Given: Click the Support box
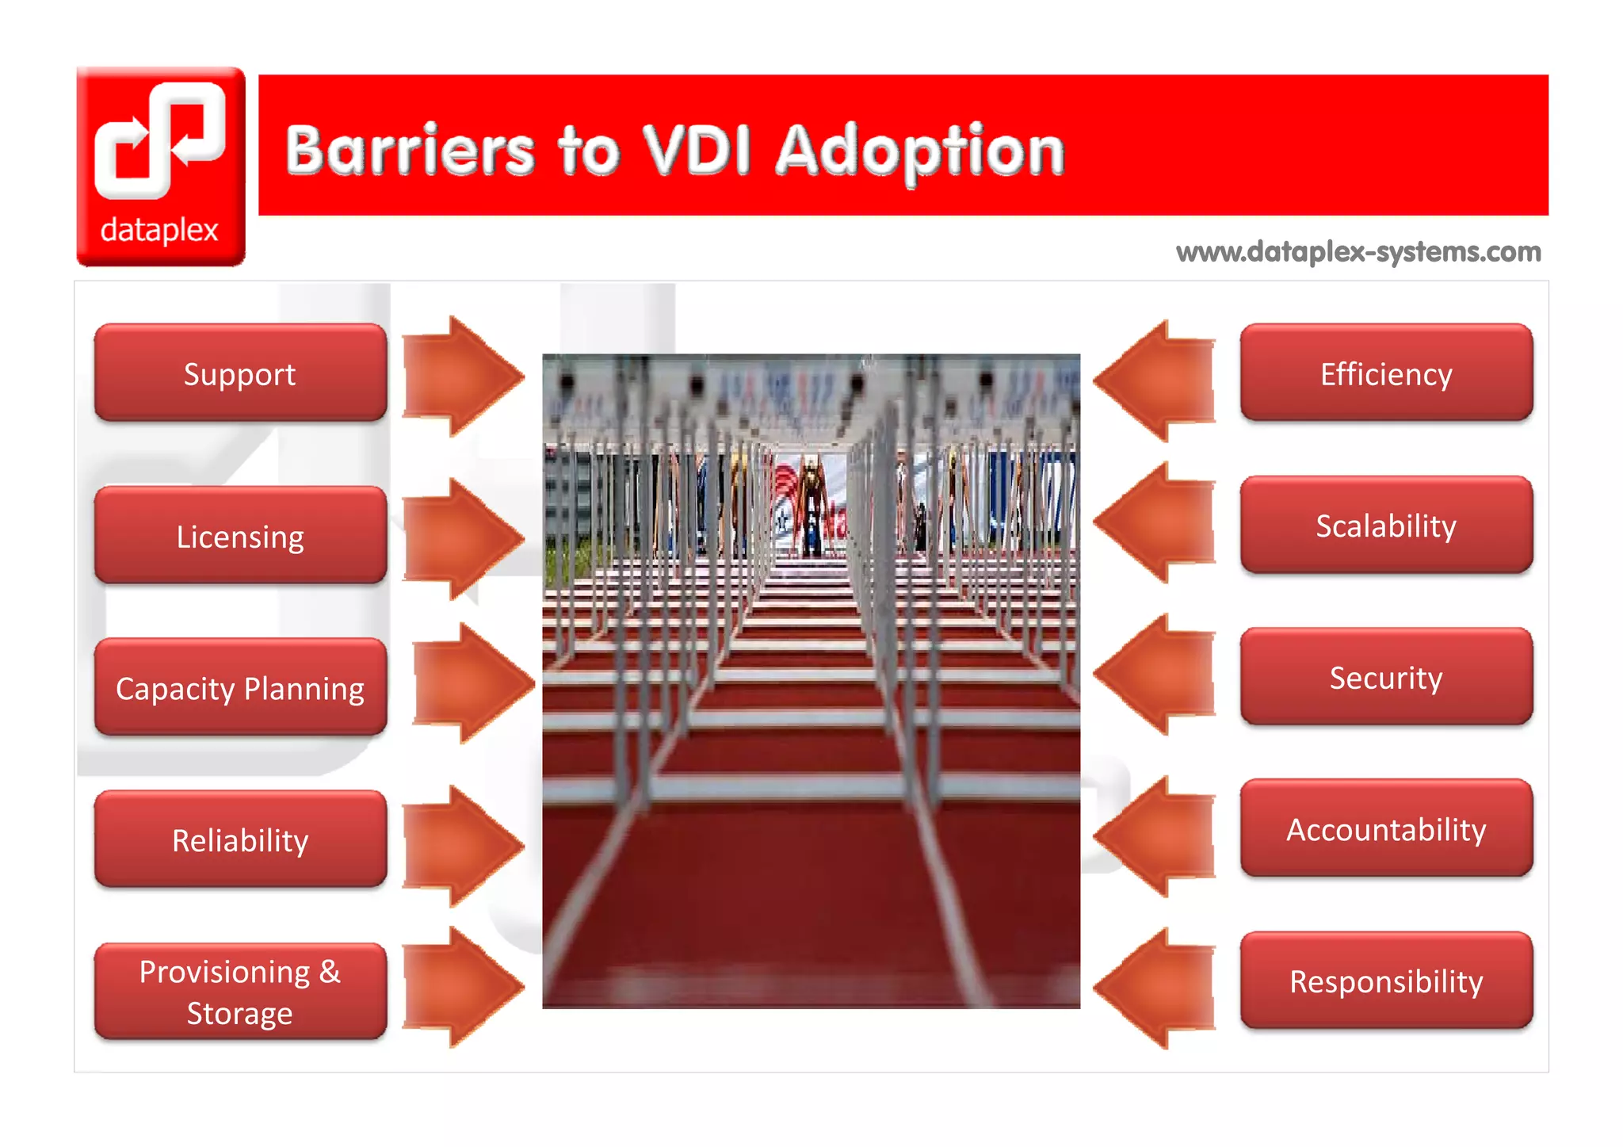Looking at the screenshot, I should point(240,373).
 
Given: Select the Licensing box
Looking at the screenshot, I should point(240,536).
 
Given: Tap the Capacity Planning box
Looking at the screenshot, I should point(240,688).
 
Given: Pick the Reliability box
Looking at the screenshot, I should point(240,839).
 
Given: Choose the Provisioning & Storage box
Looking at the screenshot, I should point(240,992).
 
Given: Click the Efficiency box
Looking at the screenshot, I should point(1386,373).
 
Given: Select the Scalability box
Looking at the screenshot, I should point(1386,525).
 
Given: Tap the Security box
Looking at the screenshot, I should point(1386,677).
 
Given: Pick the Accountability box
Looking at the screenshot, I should point(1386,828).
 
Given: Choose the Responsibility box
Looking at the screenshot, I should point(1386,981).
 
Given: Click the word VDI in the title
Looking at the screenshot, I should point(697,150).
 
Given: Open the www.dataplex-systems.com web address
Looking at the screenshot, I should point(1358,252).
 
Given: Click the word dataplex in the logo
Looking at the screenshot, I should point(159,230).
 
